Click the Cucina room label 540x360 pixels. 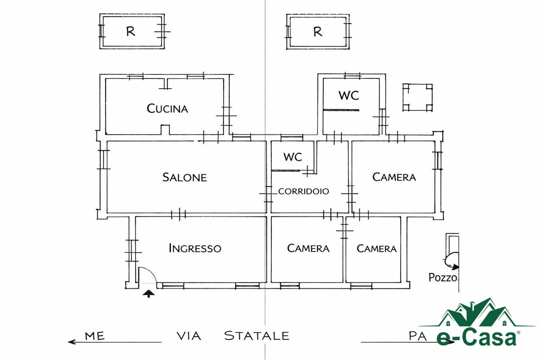(x=167, y=108)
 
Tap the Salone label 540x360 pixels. (x=184, y=178)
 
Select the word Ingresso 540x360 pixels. (x=195, y=248)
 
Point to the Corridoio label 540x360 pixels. (x=304, y=191)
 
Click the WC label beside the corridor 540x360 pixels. (x=293, y=157)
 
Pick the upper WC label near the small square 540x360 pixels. (x=348, y=96)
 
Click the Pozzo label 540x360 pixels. (x=443, y=278)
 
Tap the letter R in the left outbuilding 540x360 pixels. (x=131, y=31)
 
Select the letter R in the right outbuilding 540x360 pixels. (x=318, y=32)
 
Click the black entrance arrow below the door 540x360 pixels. (x=148, y=294)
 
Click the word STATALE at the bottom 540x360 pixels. (x=256, y=336)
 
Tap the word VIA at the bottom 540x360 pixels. (x=189, y=336)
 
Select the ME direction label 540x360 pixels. (x=95, y=336)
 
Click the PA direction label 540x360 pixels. (x=418, y=336)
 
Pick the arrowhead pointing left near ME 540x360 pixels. (x=72, y=342)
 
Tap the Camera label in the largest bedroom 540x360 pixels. (x=394, y=177)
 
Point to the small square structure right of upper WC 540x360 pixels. (x=417, y=98)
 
